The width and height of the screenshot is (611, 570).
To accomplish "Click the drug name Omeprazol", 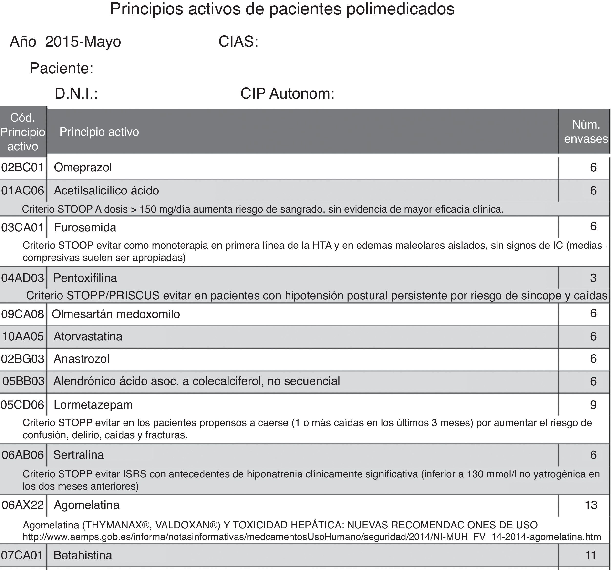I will (x=83, y=167).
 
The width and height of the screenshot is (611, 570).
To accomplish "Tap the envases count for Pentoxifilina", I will (x=593, y=278).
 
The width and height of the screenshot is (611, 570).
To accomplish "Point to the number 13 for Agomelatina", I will (x=591, y=505).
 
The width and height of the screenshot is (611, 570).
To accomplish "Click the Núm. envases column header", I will (x=586, y=132).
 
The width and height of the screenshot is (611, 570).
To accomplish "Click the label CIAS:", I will (x=238, y=42).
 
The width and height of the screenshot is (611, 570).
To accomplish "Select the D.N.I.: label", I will (x=76, y=94).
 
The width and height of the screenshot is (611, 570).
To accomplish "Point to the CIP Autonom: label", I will (x=287, y=94).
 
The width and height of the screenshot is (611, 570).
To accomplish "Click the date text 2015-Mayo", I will (x=83, y=42).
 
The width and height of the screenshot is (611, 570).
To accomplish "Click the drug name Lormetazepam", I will (x=93, y=405).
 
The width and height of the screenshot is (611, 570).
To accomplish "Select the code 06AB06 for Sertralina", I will (x=23, y=455).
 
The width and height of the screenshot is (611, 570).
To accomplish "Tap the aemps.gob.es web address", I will (x=312, y=537).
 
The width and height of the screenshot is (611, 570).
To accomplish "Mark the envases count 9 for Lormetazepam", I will (x=593, y=405).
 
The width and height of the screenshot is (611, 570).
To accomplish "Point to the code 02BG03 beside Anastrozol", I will (x=23, y=359).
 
